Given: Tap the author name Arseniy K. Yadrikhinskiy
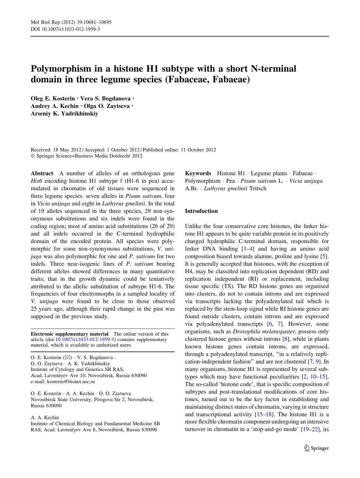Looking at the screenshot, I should (x=64, y=113).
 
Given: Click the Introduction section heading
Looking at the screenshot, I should (x=201, y=211).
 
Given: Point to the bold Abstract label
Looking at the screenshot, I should (x=42, y=173).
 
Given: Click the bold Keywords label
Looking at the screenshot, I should (x=198, y=173).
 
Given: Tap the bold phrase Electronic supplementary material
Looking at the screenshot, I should (x=70, y=334).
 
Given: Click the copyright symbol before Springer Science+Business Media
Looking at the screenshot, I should (x=32, y=156).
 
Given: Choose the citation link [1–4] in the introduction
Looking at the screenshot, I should (x=248, y=249).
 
